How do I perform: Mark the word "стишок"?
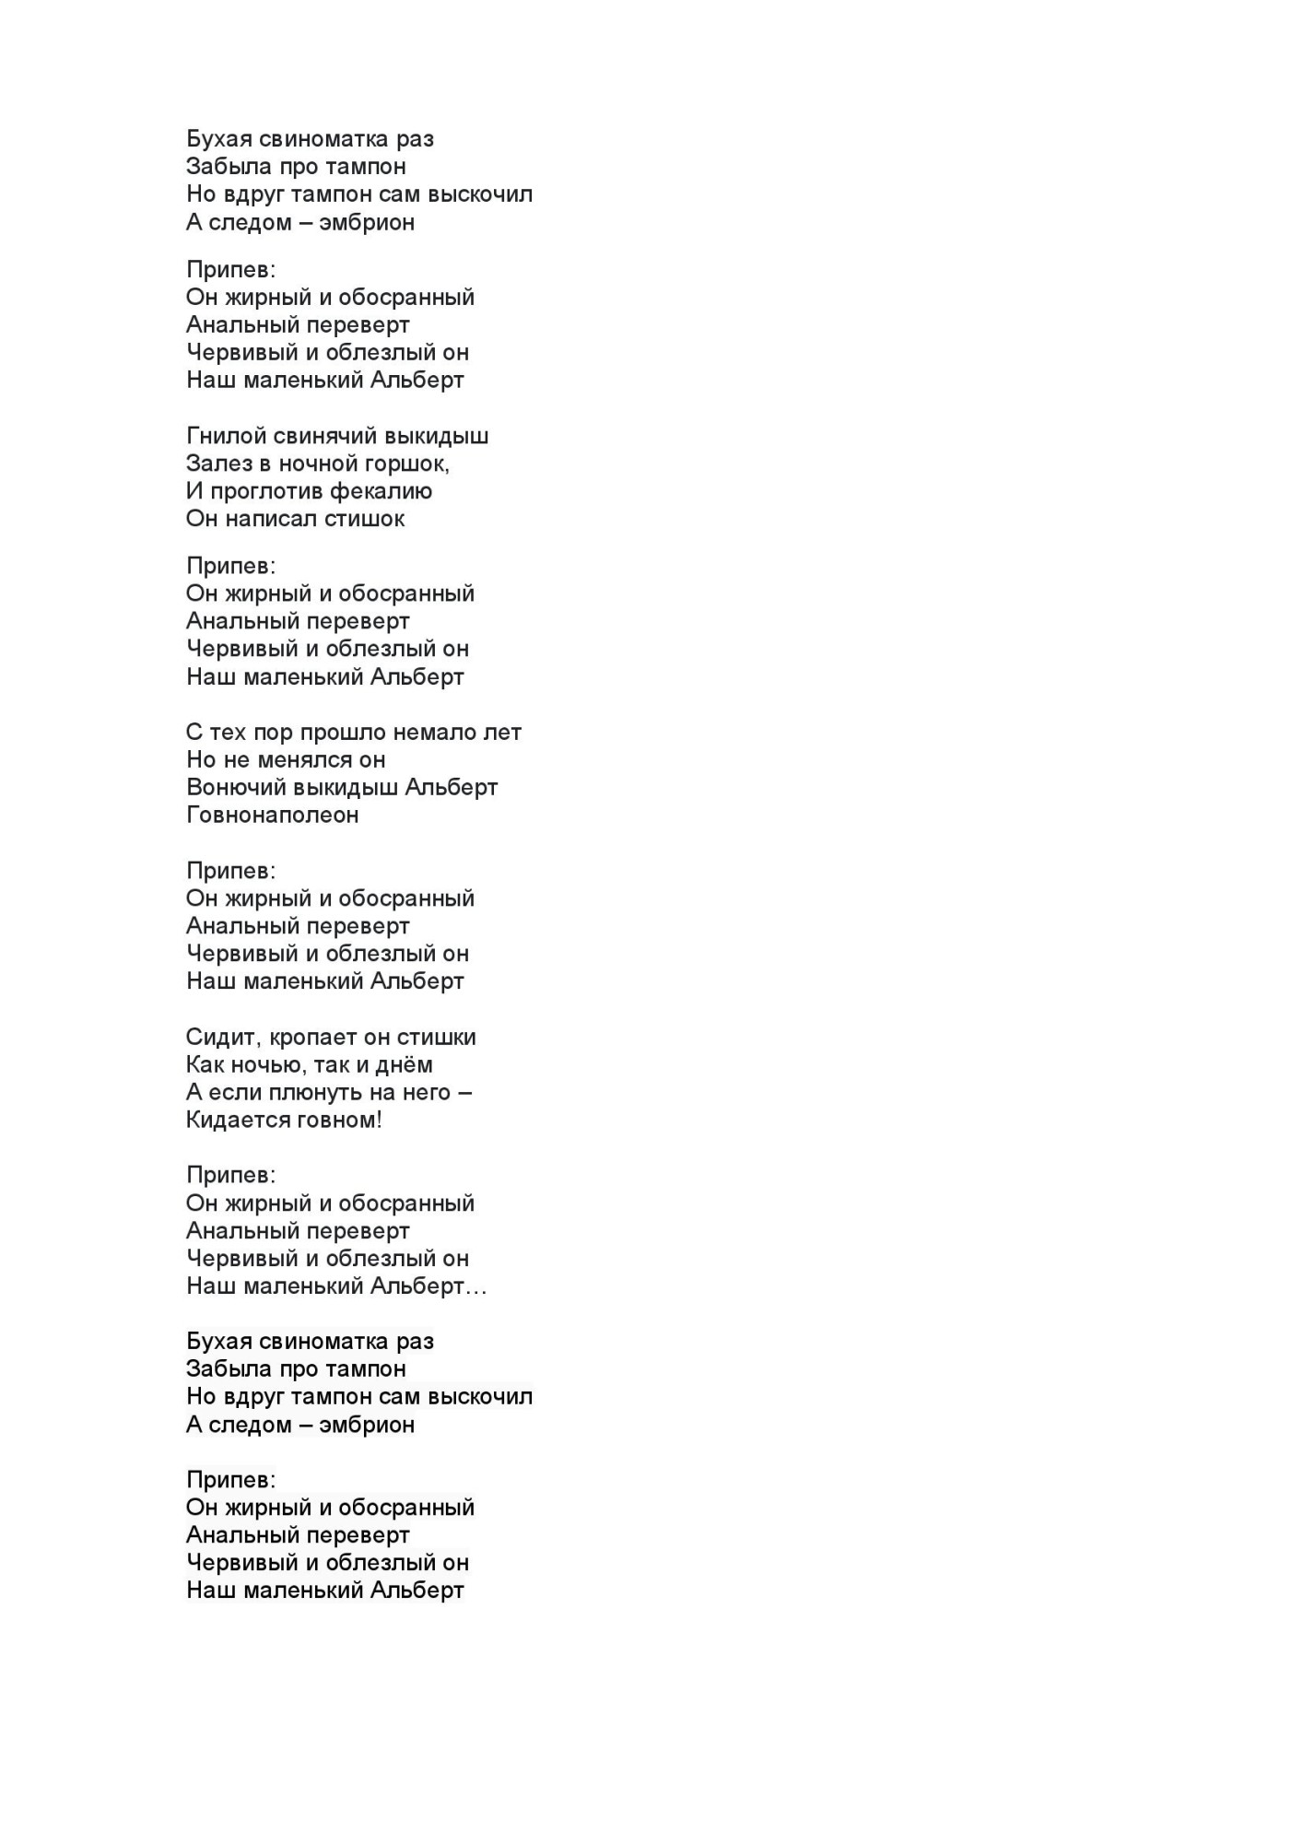(374, 519)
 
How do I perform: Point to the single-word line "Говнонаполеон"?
(272, 816)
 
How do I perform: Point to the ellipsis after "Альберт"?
(476, 1288)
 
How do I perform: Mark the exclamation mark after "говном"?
(379, 1121)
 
